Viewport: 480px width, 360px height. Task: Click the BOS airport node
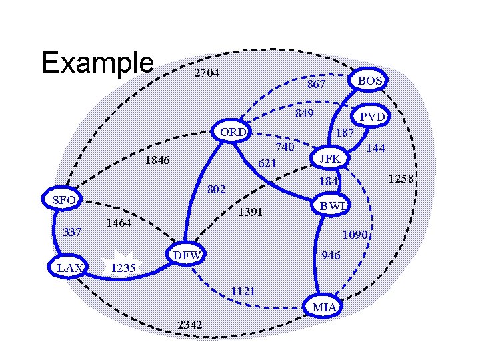370,81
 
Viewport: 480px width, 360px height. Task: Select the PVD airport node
371,117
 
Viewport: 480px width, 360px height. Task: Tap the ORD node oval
233,132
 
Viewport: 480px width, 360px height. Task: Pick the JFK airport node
329,159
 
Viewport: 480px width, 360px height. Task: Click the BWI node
332,206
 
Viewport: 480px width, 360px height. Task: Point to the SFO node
63,200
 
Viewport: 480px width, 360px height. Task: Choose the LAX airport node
69,268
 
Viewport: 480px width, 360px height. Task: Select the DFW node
186,255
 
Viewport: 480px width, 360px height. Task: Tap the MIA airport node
323,307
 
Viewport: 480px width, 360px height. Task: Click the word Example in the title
97,63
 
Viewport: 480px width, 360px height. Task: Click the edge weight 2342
191,325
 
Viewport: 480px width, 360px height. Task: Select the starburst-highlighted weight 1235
123,268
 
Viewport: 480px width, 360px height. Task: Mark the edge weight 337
71,233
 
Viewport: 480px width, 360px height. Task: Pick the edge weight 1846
157,161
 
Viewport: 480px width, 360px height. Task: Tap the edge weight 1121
243,291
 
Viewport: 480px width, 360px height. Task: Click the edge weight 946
331,255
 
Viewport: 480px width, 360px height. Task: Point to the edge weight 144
376,148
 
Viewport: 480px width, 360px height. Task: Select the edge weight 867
316,85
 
